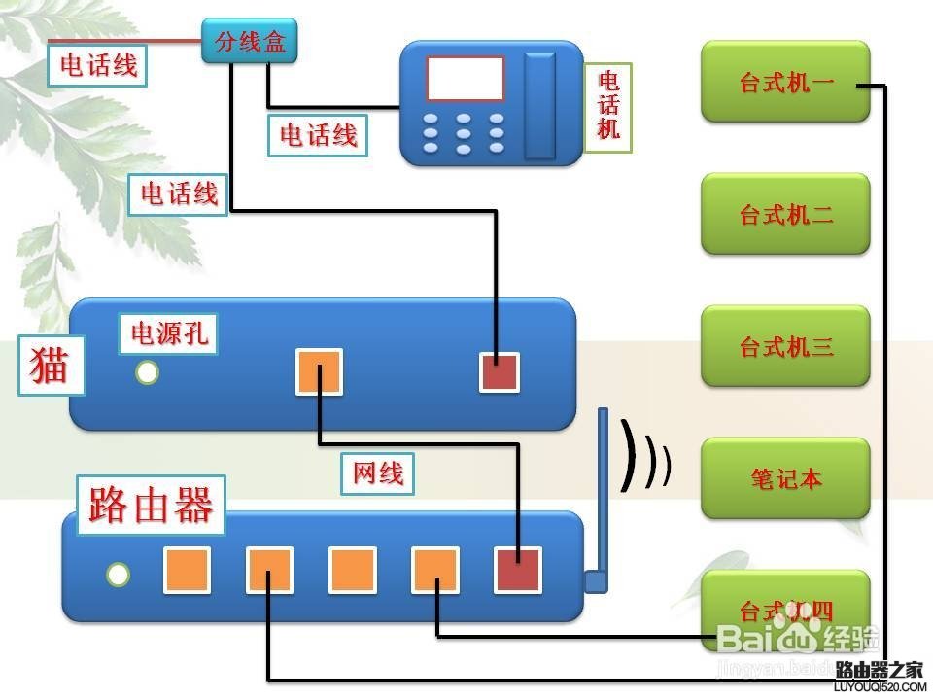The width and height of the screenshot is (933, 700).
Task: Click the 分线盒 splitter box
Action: (250, 43)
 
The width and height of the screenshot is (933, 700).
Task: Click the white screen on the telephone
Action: (466, 79)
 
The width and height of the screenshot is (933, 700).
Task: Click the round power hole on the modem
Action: (147, 372)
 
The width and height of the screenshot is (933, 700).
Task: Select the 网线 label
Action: (378, 473)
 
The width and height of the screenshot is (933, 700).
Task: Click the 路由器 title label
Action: (151, 505)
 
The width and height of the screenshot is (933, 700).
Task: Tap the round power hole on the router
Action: (118, 575)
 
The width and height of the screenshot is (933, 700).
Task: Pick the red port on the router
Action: (518, 570)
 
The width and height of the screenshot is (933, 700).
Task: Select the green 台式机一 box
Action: (785, 82)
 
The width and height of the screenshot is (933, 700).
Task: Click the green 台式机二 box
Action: (785, 214)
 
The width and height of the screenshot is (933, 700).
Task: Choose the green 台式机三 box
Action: (785, 346)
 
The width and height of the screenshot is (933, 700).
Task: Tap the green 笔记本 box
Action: (785, 477)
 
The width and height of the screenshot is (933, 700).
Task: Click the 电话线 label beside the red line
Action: (98, 65)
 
